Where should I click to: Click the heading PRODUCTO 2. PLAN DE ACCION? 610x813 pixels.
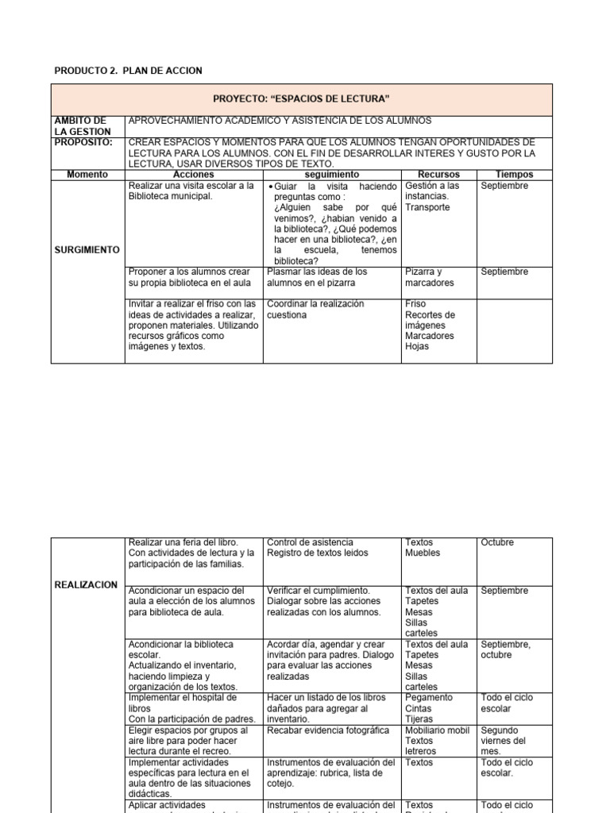[128, 71]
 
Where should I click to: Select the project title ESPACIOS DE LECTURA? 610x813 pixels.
[301, 98]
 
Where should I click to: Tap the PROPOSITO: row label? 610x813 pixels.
[83, 142]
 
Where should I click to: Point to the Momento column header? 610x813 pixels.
[87, 174]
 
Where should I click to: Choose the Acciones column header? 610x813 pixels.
[194, 174]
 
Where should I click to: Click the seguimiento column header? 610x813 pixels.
[332, 174]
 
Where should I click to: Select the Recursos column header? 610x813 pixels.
[438, 174]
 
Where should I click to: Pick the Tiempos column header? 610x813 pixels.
[514, 174]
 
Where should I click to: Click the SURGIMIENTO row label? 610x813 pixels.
[87, 249]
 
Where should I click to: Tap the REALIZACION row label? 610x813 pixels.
[86, 584]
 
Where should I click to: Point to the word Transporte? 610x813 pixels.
[427, 207]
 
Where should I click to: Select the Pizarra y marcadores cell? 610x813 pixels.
[430, 277]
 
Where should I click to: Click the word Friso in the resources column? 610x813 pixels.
[415, 304]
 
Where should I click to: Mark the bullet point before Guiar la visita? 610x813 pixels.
[270, 187]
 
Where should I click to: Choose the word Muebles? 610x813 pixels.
[422, 553]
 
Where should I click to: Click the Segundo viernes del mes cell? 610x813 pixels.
[503, 741]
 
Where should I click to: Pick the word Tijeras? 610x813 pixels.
[419, 719]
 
